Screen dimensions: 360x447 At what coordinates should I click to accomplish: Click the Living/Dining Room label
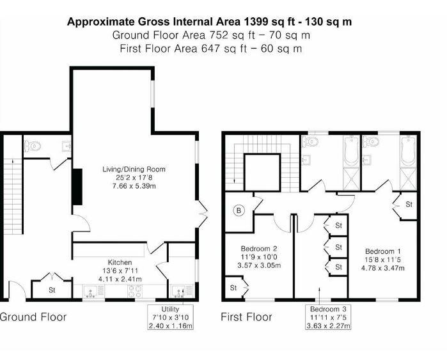134,169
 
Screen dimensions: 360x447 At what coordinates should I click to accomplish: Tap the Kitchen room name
120,263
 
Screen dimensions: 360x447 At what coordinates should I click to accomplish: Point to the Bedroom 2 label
258,249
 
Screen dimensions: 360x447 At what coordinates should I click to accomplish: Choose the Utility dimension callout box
171,317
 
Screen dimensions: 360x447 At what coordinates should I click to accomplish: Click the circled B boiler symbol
239,210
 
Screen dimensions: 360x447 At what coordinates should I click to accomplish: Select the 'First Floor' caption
246,317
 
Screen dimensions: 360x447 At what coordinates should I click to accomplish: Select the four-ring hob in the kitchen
136,292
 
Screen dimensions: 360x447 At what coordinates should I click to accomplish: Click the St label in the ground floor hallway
52,290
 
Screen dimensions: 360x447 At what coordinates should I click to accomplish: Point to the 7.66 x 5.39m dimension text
134,186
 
